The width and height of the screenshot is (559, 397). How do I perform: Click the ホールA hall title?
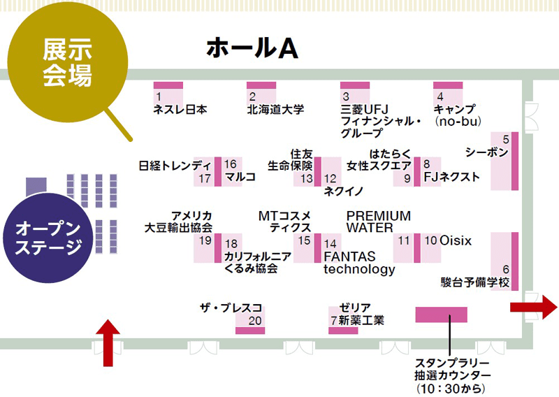[x=252, y=48]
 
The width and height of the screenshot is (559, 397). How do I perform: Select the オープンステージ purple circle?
[x=48, y=238]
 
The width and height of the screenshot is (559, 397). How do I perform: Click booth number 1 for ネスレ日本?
[x=159, y=96]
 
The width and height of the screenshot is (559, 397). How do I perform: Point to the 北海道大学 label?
[x=275, y=110]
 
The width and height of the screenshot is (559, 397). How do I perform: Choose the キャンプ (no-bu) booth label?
[x=454, y=115]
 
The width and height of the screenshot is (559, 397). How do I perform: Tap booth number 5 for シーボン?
[x=505, y=140]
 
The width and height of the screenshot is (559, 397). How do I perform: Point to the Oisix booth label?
[x=456, y=240]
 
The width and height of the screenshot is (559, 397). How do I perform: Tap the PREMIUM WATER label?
[x=378, y=221]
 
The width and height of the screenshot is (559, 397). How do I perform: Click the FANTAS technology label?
[x=358, y=263]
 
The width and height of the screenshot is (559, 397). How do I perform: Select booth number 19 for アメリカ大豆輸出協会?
[x=205, y=240]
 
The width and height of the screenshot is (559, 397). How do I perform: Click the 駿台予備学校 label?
[x=474, y=282]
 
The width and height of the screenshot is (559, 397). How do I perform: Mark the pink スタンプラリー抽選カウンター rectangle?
[x=441, y=315]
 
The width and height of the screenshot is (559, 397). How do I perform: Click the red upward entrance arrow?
[x=107, y=342]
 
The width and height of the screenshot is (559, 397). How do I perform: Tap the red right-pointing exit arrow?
[x=535, y=308]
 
